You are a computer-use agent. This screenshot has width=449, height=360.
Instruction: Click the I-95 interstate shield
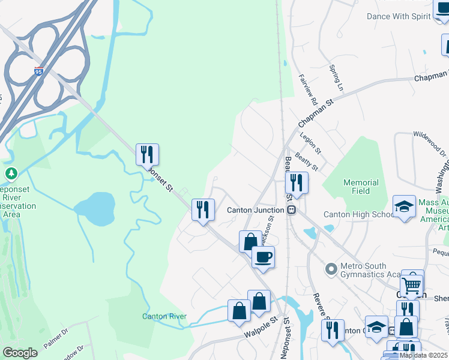[x=39, y=71]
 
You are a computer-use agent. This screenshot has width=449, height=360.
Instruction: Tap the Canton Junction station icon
[x=291, y=210]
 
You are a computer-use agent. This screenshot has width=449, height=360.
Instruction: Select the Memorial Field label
[x=361, y=187]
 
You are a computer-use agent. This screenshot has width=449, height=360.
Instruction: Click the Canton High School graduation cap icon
[x=405, y=206]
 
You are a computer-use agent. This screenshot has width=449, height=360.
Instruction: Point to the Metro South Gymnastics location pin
[x=330, y=268]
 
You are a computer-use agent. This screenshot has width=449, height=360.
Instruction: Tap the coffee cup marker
[x=263, y=257]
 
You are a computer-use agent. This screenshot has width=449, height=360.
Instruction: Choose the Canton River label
[x=164, y=316]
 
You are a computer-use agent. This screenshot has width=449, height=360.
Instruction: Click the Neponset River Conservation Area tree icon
[x=11, y=174]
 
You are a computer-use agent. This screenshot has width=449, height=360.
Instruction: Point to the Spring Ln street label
[x=336, y=79]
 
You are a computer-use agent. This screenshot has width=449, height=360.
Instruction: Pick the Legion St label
[x=311, y=142]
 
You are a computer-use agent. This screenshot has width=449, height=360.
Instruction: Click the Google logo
[x=20, y=353]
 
